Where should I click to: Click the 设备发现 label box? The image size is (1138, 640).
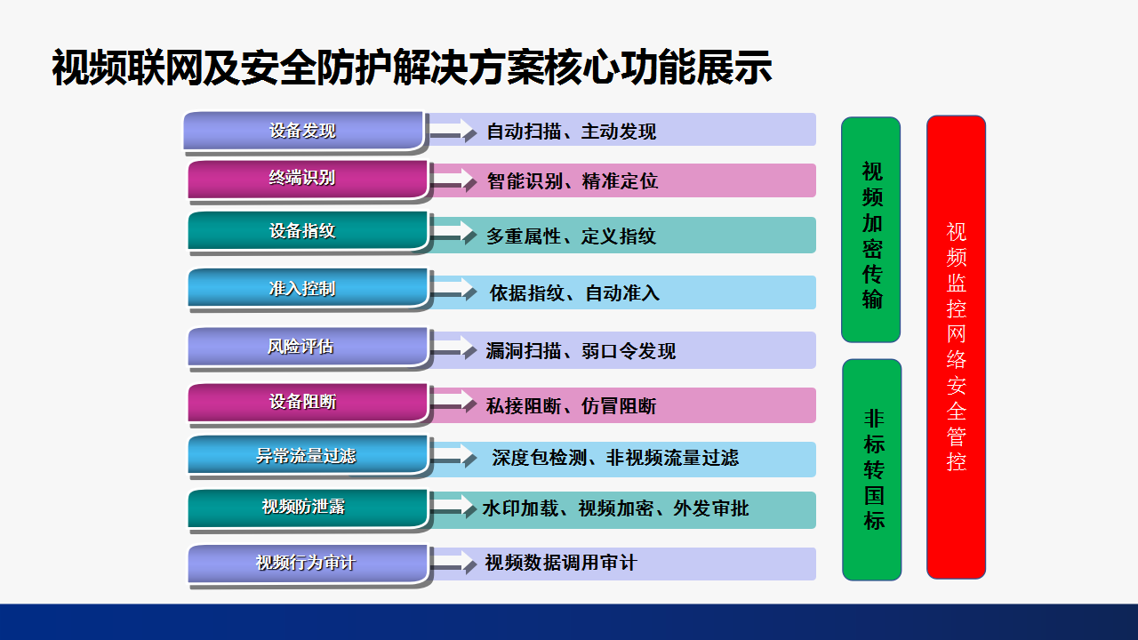[303, 131]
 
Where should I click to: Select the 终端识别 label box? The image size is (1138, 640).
[308, 180]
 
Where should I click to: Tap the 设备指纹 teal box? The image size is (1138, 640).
[308, 231]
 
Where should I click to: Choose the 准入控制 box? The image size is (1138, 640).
[308, 288]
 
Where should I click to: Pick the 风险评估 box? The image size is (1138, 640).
[308, 347]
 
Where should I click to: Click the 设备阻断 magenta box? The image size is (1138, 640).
[308, 403]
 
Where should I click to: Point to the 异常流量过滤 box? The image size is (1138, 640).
[308, 455]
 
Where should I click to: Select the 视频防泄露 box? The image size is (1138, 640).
[308, 508]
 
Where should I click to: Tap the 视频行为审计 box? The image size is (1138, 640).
[308, 564]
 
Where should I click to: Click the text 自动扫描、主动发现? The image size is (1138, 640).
[572, 132]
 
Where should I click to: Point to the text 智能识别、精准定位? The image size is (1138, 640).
[573, 181]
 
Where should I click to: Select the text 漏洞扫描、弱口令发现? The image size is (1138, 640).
[581, 351]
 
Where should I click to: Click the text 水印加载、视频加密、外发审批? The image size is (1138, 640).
[616, 508]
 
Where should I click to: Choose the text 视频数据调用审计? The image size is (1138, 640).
[561, 563]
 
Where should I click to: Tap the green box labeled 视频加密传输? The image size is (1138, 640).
[870, 229]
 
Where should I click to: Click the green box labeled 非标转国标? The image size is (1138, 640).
[872, 470]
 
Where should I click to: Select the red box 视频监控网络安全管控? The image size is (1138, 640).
[956, 348]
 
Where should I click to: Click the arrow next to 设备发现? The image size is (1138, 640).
[453, 131]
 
